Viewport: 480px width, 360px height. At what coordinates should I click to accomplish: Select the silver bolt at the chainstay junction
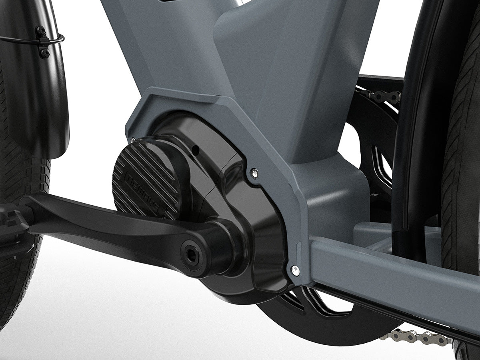click(295, 271)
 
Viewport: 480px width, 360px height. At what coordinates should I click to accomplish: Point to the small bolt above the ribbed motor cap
click(132, 140)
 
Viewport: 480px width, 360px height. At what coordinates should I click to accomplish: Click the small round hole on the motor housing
click(195, 150)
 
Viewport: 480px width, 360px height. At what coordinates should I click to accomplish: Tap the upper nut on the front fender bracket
click(41, 30)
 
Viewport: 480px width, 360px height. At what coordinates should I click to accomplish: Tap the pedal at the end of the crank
click(12, 224)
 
